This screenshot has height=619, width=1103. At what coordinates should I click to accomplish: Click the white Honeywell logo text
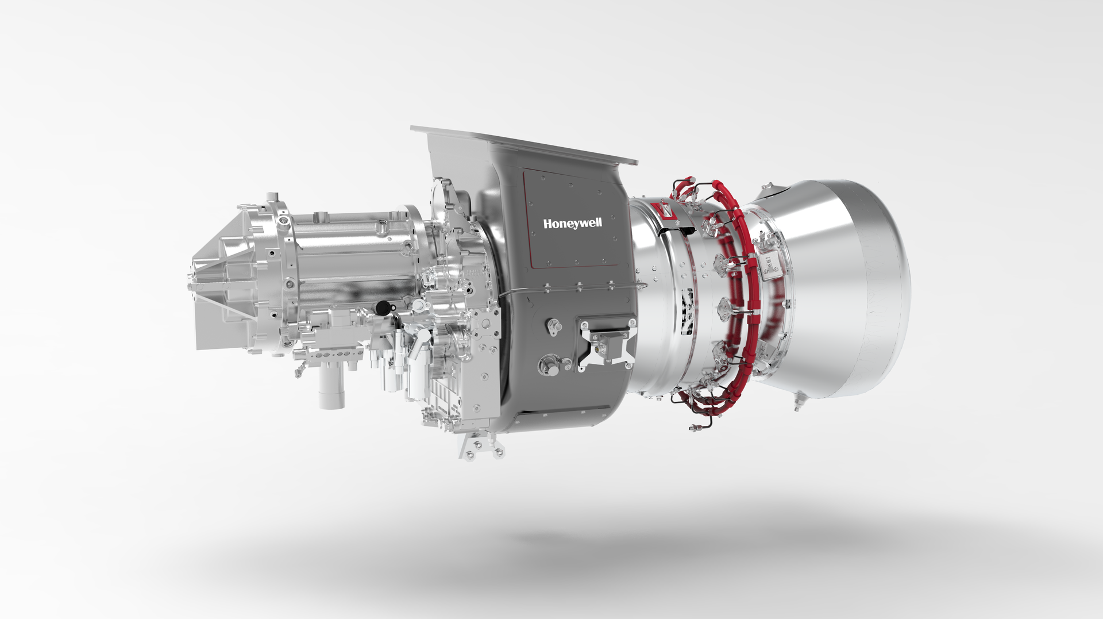[x=573, y=223]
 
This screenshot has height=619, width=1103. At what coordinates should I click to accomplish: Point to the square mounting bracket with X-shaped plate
[x=607, y=344]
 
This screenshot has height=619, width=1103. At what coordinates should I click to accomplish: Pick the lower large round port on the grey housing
[x=550, y=365]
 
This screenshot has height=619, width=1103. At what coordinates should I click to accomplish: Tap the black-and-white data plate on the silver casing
[x=687, y=311]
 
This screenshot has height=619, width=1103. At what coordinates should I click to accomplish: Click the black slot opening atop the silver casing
[x=678, y=231]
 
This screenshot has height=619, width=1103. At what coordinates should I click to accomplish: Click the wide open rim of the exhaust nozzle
[x=885, y=287]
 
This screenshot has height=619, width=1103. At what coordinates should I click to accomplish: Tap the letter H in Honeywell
[x=548, y=223]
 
